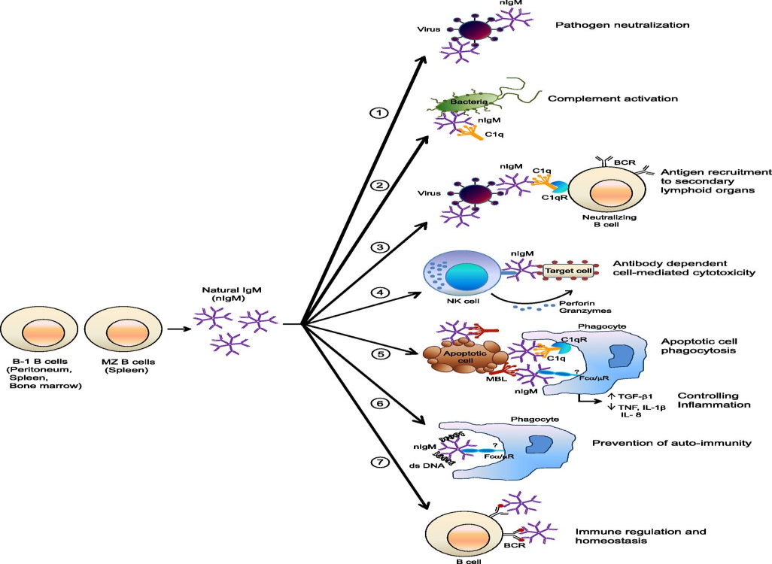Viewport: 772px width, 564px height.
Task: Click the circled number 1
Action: pyautogui.click(x=381, y=114)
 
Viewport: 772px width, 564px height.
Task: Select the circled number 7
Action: pyautogui.click(x=381, y=461)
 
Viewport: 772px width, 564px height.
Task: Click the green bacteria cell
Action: pyautogui.click(x=460, y=102)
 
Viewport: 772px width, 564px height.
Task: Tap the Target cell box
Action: pyautogui.click(x=570, y=268)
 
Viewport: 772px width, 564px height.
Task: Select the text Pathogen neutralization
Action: pyautogui.click(x=622, y=26)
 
